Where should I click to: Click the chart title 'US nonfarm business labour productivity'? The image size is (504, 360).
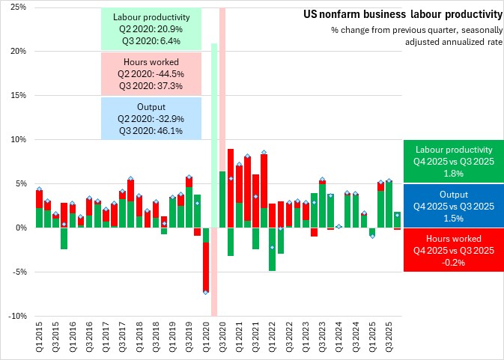click(x=402, y=14)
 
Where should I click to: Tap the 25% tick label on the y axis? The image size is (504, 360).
click(x=17, y=7)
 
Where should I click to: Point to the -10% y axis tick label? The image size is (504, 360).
click(x=16, y=316)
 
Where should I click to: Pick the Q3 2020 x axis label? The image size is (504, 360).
click(x=222, y=338)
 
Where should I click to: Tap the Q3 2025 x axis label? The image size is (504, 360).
click(x=389, y=338)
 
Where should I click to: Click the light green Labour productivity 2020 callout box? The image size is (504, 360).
click(x=151, y=30)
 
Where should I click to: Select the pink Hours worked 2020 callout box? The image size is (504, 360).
click(x=151, y=74)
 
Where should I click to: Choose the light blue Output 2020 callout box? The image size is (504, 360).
click(x=151, y=118)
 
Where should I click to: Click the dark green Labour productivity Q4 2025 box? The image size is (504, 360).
click(x=453, y=162)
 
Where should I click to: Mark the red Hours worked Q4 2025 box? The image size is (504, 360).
click(x=453, y=250)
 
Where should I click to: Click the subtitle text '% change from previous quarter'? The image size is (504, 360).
click(x=416, y=30)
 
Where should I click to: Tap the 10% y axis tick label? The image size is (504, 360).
click(x=17, y=140)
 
